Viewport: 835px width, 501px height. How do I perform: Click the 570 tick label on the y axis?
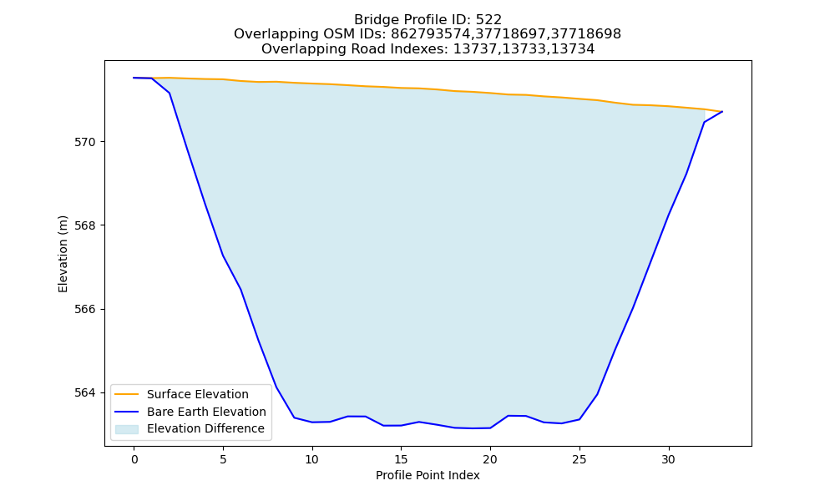pos(85,142)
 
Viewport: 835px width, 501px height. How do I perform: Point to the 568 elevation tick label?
pos(85,225)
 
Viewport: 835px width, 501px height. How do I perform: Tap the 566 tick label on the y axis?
pos(85,309)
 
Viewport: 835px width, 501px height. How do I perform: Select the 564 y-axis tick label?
pos(85,393)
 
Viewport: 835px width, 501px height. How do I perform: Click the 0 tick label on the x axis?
pos(134,459)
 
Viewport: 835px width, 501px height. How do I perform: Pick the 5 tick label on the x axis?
pos(223,459)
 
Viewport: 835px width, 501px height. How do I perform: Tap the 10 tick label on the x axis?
pos(312,459)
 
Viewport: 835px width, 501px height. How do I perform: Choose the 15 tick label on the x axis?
pos(401,459)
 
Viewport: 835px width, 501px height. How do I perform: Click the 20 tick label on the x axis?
pos(490,459)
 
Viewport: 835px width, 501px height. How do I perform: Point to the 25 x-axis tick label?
pos(579,459)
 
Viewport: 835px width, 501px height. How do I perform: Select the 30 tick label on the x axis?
pos(668,459)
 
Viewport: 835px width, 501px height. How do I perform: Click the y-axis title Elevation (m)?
pos(63,254)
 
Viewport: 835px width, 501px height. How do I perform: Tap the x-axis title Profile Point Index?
pos(428,475)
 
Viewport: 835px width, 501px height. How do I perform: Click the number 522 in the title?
pos(488,20)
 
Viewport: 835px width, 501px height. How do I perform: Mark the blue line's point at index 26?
pos(597,394)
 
